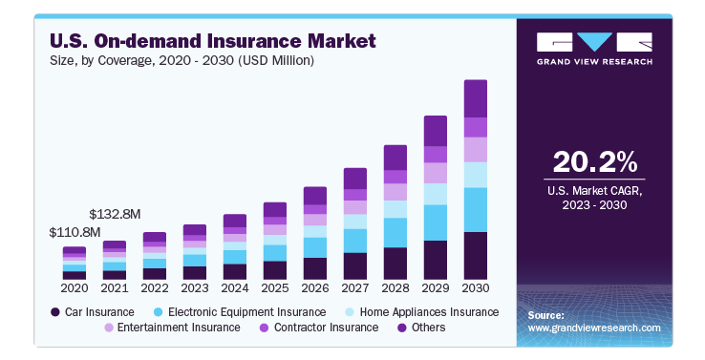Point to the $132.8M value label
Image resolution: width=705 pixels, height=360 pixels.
115,213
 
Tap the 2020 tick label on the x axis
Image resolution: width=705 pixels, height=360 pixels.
75,287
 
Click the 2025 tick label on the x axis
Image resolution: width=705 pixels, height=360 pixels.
275,287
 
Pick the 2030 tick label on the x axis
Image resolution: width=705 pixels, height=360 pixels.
475,287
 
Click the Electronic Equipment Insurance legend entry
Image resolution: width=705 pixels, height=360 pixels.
240,312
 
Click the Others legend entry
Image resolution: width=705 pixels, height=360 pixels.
419,328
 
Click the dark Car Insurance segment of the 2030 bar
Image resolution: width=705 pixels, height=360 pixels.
475,255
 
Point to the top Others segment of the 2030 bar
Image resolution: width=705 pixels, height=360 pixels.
475,98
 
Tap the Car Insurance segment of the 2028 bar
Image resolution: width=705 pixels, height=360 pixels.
395,263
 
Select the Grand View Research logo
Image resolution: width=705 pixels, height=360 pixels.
594,48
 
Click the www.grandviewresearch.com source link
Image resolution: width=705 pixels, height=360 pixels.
594,328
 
